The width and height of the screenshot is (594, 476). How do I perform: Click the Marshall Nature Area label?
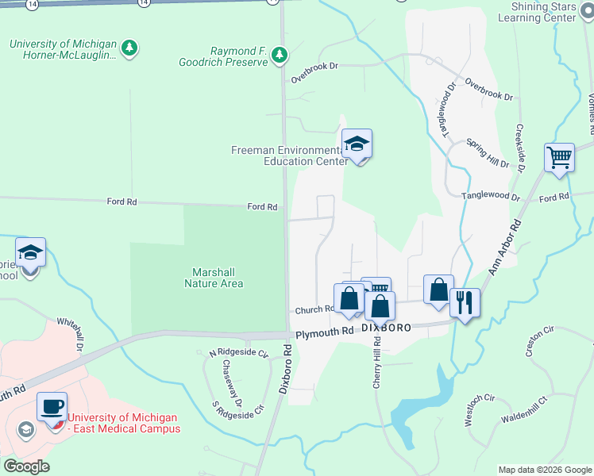[214, 278]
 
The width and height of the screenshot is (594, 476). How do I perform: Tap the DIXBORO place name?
[387, 326]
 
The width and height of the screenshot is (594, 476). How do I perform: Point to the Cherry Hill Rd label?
[378, 362]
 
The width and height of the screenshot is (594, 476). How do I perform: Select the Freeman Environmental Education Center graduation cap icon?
[357, 144]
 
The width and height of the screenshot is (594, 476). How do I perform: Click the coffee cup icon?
[52, 406]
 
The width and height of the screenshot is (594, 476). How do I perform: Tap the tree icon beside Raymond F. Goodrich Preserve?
[279, 55]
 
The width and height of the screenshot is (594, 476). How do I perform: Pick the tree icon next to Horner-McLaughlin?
[130, 49]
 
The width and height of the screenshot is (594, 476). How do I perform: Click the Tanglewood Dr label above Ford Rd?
[491, 196]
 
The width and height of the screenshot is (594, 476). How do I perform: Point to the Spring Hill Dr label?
[487, 152]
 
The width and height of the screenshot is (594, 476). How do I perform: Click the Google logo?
[26, 466]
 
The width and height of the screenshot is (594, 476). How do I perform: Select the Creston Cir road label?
[538, 336]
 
